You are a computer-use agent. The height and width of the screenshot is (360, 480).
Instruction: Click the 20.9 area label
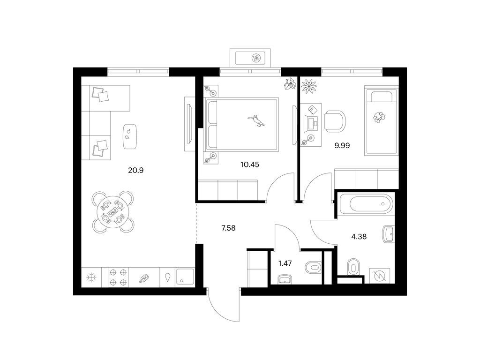tap(135, 170)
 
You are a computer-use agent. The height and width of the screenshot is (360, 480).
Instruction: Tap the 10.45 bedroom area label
tap(249, 165)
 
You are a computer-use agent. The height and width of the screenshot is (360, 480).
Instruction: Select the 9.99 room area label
tap(342, 146)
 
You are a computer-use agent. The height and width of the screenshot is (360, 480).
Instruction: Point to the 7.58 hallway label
tap(228, 228)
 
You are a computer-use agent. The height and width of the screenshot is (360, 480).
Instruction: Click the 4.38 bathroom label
tap(359, 237)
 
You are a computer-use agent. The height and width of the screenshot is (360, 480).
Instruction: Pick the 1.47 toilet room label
tap(285, 263)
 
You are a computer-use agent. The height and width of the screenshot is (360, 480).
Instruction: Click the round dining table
tap(113, 211)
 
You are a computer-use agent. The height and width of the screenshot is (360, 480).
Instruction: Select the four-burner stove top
tap(118, 277)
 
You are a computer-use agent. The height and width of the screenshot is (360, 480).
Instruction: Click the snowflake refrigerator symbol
tap(91, 277)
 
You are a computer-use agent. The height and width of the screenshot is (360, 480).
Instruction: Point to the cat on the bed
tap(256, 120)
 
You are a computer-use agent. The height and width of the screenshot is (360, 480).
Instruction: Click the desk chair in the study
tap(335, 121)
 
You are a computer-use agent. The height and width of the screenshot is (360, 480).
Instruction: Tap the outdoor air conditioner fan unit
tap(256, 58)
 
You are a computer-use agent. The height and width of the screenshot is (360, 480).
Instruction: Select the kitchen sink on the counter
tap(185, 277)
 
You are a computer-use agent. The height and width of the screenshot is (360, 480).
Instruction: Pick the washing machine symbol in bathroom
tap(380, 276)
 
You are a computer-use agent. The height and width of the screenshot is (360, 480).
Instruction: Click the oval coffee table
tap(130, 136)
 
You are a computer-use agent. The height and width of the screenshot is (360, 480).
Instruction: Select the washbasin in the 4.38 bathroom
tap(388, 234)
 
